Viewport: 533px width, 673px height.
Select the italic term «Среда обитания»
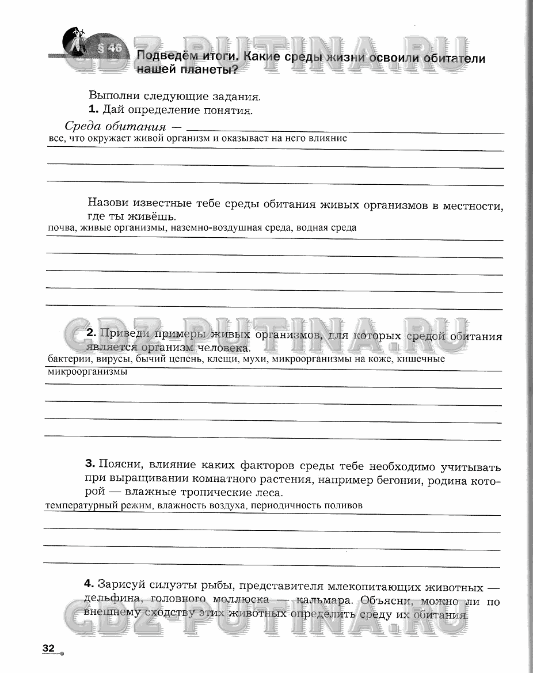[115, 126]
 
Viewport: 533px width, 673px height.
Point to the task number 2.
[90, 333]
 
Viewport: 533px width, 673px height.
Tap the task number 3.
[89, 463]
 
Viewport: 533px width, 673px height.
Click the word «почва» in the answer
[62, 227]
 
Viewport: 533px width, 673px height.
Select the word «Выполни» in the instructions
[112, 96]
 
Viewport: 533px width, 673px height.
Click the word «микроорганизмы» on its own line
[87, 372]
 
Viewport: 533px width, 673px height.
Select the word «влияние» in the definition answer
[330, 138]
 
